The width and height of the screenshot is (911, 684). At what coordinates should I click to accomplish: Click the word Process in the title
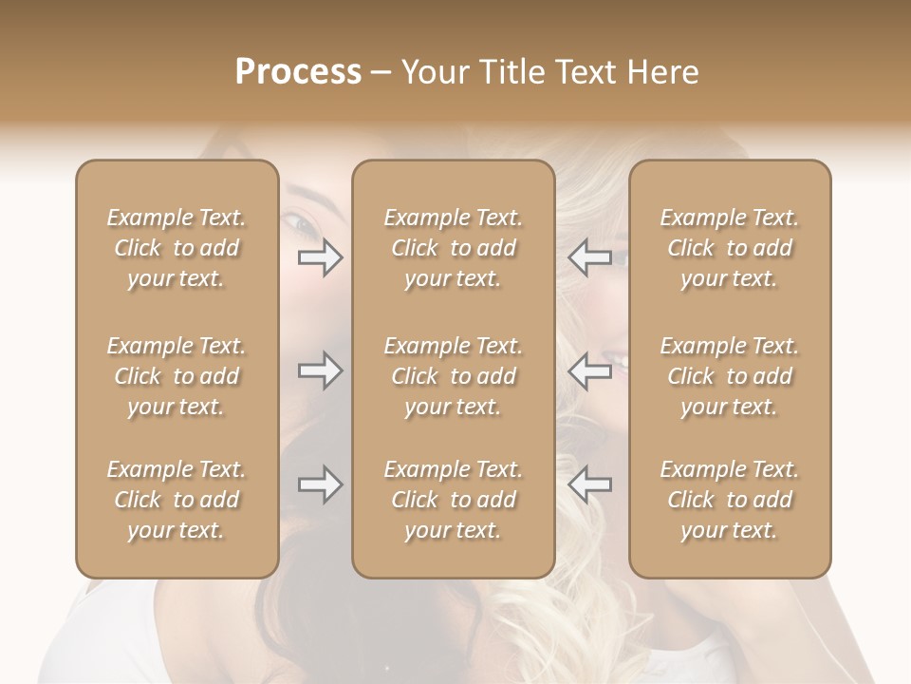coord(298,72)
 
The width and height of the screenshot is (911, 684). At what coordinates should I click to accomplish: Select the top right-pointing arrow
coord(321,257)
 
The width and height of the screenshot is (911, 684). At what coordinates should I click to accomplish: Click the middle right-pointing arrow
coord(321,370)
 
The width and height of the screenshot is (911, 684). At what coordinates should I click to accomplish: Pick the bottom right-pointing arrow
coord(321,484)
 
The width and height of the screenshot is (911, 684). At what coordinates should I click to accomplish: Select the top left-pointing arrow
coord(589,257)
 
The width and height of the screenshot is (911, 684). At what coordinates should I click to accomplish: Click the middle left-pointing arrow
coord(589,370)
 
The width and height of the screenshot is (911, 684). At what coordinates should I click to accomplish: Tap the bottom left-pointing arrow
coord(589,484)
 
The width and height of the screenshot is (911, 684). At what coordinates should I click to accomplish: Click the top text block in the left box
coord(177,248)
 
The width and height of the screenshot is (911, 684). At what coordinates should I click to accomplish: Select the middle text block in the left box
coord(177,376)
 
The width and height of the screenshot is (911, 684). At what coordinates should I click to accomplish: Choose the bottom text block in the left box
coord(177,500)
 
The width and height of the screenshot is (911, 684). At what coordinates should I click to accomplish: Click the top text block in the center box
coord(454,248)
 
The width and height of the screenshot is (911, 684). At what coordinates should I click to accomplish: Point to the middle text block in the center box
coord(454,376)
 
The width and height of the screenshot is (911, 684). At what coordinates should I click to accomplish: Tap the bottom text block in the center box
coord(454,500)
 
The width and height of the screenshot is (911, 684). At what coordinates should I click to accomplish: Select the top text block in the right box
coord(730,248)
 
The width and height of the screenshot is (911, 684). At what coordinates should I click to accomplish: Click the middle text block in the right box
coord(730,376)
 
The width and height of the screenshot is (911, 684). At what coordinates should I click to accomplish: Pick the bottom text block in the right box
coord(730,500)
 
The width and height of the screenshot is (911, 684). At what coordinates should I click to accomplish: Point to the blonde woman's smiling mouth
coord(615,361)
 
